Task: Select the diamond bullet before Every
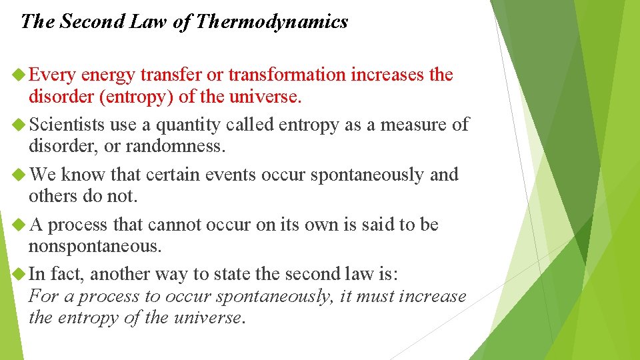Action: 20,75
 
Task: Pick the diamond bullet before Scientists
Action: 20,125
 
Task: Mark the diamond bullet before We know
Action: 20,175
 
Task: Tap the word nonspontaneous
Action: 95,247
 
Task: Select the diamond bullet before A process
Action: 20,225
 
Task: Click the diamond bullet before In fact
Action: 20,274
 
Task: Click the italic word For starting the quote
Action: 42,296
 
